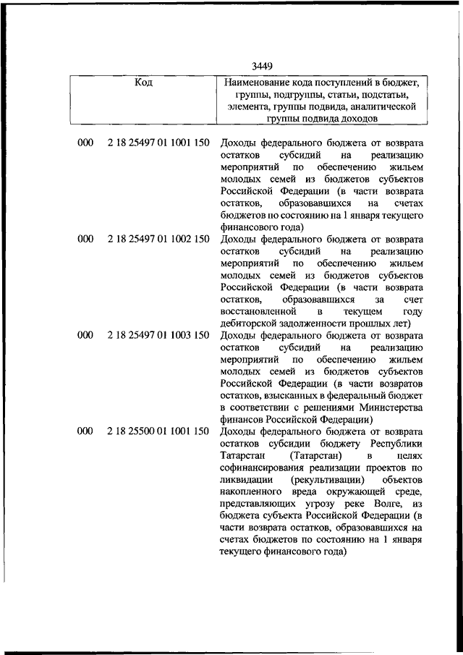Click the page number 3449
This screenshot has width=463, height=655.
click(263, 67)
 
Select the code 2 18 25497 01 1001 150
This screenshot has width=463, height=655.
click(158, 143)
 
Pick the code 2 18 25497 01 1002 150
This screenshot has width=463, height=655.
click(158, 239)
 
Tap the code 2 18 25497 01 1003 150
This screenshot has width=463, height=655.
click(158, 335)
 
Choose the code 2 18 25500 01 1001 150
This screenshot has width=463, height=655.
click(158, 431)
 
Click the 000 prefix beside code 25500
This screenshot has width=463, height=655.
click(85, 431)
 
